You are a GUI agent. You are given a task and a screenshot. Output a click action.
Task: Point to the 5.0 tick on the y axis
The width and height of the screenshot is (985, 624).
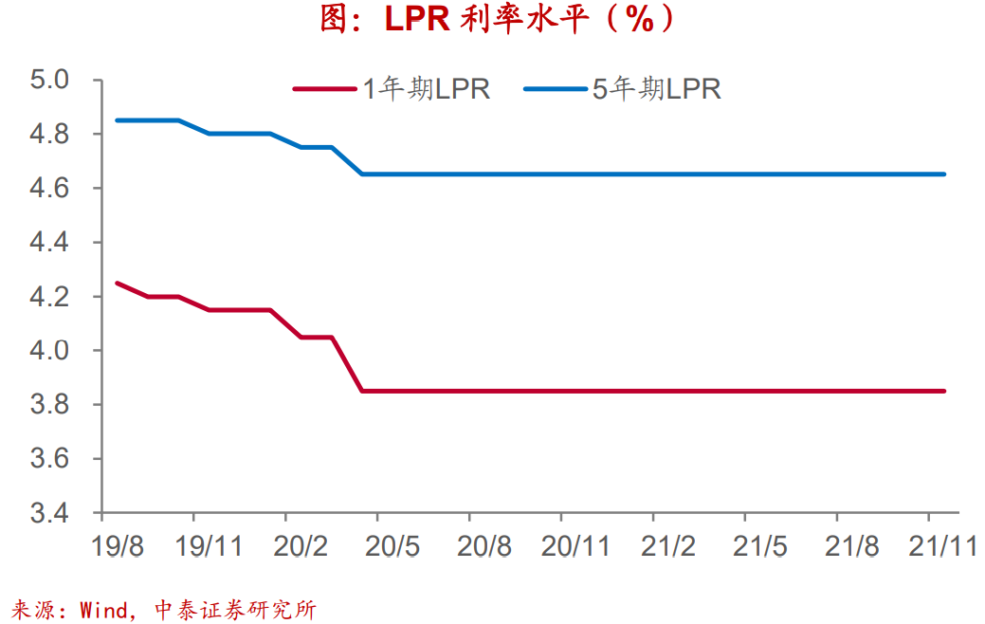[x=50, y=80]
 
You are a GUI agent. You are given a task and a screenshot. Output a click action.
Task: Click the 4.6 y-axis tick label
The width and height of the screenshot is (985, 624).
[x=50, y=188]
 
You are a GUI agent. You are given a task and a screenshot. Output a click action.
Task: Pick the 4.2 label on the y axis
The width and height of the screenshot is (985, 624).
[x=50, y=297]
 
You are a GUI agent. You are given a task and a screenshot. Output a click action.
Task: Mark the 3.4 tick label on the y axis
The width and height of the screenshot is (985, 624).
[x=50, y=513]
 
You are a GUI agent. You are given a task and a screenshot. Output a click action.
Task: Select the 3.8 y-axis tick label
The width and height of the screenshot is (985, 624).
[x=50, y=405]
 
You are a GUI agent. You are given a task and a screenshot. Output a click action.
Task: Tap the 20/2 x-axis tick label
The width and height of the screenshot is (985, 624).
[x=301, y=546]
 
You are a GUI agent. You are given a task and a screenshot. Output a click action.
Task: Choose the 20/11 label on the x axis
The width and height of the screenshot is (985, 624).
[x=575, y=546]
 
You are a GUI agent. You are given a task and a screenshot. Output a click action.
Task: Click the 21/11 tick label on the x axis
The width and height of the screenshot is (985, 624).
[x=942, y=546]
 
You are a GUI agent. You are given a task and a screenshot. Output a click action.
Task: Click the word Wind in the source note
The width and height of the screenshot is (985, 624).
[x=104, y=610]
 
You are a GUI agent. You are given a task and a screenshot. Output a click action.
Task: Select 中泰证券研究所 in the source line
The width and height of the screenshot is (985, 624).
[x=234, y=610]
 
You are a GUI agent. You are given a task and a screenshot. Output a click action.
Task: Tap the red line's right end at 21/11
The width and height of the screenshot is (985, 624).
[x=944, y=391]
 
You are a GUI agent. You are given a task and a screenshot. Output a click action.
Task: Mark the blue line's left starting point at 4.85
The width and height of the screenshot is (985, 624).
[x=117, y=120]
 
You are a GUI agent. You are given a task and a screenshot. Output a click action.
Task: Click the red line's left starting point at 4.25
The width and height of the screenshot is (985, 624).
[x=117, y=283]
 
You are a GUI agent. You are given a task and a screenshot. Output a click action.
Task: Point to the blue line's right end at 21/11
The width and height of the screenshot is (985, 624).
[x=944, y=174]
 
